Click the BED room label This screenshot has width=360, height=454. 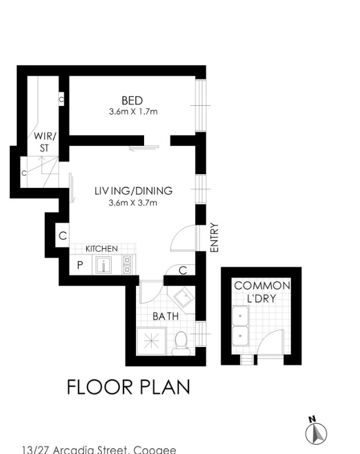[x=132, y=101]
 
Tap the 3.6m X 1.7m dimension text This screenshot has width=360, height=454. [x=133, y=112]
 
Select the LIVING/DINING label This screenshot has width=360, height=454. [x=134, y=191]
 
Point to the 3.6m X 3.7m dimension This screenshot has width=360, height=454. [x=133, y=202]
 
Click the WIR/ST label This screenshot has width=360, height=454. [x=45, y=142]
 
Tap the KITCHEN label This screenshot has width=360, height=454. [x=102, y=249]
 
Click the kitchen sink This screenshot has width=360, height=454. [x=104, y=265]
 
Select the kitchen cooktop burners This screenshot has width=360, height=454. [x=127, y=265]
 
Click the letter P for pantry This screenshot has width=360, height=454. [x=80, y=265]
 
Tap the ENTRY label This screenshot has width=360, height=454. [x=214, y=238]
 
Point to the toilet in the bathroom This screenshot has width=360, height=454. [x=181, y=343]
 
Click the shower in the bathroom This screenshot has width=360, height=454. [x=151, y=341]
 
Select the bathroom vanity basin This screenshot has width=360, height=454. [x=184, y=298]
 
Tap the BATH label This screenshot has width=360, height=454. [x=166, y=316]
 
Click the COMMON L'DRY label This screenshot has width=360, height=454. [x=262, y=292]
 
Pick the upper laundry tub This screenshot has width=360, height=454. [x=240, y=316]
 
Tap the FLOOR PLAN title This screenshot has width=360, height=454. [x=128, y=387]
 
